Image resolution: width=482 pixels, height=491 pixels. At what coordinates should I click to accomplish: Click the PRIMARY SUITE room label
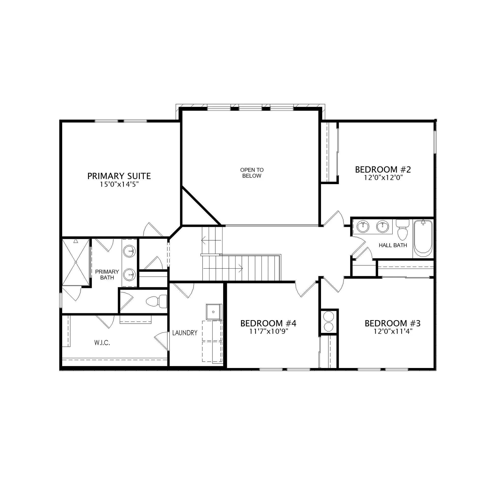[119, 176]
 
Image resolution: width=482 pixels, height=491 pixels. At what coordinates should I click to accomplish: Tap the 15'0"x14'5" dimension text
[119, 185]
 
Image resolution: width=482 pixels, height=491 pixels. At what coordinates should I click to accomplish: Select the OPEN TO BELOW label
[252, 173]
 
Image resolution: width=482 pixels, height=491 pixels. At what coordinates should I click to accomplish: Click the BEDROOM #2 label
[383, 169]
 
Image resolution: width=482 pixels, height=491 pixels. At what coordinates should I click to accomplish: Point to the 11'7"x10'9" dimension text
[269, 331]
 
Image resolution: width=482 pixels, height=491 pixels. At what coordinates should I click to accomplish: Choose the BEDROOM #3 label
[393, 323]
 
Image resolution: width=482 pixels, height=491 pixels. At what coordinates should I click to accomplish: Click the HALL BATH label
[393, 245]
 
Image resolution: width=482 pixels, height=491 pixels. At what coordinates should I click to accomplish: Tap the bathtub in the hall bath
[423, 239]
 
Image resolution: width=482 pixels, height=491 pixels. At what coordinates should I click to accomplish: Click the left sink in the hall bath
[363, 226]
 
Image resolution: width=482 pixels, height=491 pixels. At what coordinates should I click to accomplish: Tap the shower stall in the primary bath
[76, 262]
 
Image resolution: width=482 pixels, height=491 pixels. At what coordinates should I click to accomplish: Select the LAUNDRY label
[185, 333]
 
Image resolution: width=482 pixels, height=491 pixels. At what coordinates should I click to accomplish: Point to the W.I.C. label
[102, 343]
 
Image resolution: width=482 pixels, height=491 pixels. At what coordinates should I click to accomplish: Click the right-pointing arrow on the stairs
[223, 268]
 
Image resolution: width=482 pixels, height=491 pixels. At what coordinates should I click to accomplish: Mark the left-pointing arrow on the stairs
[211, 240]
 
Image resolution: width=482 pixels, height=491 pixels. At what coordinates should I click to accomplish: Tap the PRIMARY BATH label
[107, 274]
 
